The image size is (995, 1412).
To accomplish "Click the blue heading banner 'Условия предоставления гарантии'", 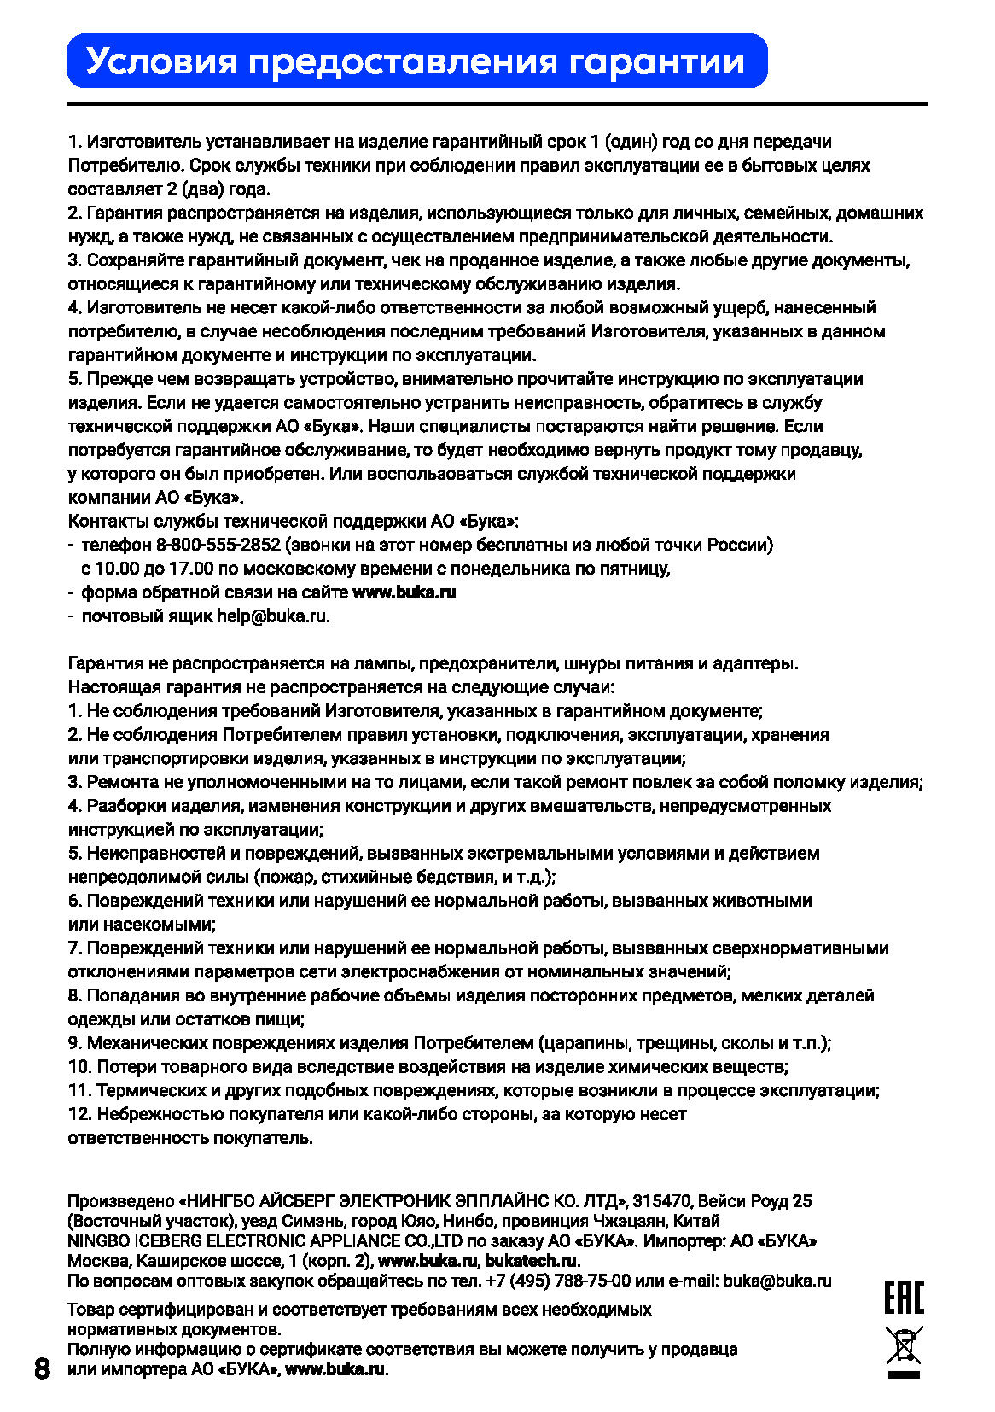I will [x=416, y=61].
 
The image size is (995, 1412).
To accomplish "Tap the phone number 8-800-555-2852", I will [x=218, y=545].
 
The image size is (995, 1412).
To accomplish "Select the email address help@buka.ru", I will [x=272, y=616].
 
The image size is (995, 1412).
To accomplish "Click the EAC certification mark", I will [x=904, y=1298].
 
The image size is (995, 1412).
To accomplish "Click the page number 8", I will [x=42, y=1368].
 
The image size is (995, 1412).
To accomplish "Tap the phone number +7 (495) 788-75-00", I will [x=558, y=1281].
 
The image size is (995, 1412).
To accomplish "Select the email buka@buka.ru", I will [x=777, y=1281].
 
